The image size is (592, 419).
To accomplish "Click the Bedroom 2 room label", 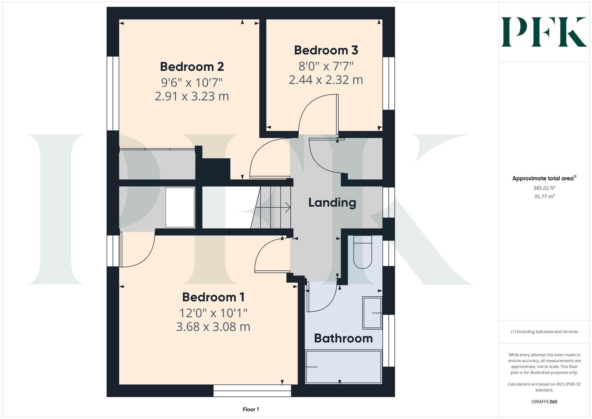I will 192,67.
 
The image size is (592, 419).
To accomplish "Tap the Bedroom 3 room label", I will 326,50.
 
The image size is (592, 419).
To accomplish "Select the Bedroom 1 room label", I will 213,297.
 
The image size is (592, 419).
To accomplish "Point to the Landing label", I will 332,203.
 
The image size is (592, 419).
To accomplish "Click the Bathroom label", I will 343,338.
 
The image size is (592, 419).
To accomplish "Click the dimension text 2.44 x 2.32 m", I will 326,80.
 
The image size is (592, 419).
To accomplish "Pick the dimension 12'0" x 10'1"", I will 213,313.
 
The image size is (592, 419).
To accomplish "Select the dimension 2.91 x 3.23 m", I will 192,97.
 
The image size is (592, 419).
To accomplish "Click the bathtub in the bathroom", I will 343,367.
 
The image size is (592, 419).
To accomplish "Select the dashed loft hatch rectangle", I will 180,207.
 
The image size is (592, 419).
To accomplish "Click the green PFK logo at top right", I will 544,32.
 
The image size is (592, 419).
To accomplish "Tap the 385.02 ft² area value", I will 544,188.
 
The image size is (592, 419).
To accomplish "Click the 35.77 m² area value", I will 544,196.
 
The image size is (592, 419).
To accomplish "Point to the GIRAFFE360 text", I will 544,402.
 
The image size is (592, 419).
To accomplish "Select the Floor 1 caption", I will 251,410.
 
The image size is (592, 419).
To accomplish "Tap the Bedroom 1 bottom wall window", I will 252,391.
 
